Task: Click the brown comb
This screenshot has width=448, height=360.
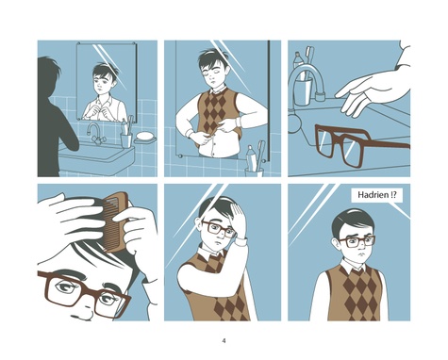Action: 115,222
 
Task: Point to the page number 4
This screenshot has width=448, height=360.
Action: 224,340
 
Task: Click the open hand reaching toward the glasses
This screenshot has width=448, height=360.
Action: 371,91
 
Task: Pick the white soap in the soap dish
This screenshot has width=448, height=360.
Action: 145,136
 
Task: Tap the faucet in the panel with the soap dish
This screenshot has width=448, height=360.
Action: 95,134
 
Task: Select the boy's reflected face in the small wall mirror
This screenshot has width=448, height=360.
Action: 105,82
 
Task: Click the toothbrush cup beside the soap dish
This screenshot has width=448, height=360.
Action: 126,140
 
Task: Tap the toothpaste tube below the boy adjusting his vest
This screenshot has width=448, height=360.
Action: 251,157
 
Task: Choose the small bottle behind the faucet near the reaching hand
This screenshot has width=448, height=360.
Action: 298,60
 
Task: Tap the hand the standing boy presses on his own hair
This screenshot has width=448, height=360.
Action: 238,220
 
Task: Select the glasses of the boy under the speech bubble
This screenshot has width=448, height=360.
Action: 357,241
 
